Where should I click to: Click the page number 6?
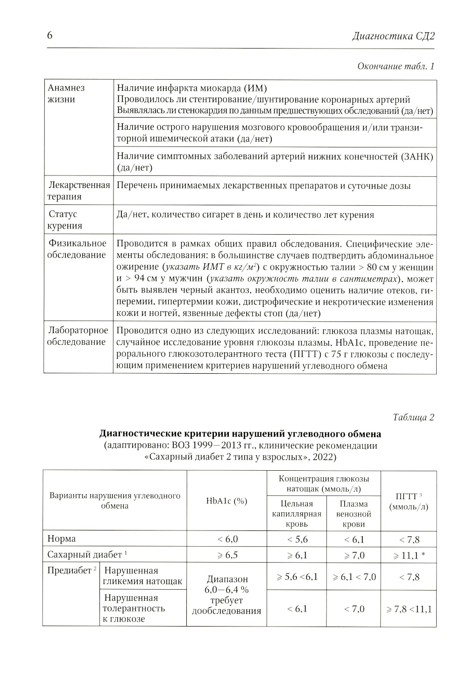coord(50,36)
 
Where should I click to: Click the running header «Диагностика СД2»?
coord(393,36)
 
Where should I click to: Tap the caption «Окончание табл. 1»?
coord(396,66)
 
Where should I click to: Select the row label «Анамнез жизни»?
coord(66,93)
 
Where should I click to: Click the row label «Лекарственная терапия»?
coord(78,191)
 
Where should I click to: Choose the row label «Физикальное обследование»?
coord(77,249)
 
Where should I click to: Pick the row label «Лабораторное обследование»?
coord(78,336)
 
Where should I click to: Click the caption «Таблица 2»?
coord(413,417)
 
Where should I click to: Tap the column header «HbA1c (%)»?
coord(226,501)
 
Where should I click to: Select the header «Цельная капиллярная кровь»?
coord(297,514)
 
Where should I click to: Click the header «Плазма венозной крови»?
coord(354,514)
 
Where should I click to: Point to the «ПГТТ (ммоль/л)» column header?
coord(409,502)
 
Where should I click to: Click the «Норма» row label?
coord(62,539)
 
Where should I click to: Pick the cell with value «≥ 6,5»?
coord(227,555)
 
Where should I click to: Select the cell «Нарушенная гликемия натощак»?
coord(142,576)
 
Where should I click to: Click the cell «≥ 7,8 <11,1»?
coord(409,609)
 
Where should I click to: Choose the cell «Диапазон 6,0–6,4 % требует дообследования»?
coord(226,595)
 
